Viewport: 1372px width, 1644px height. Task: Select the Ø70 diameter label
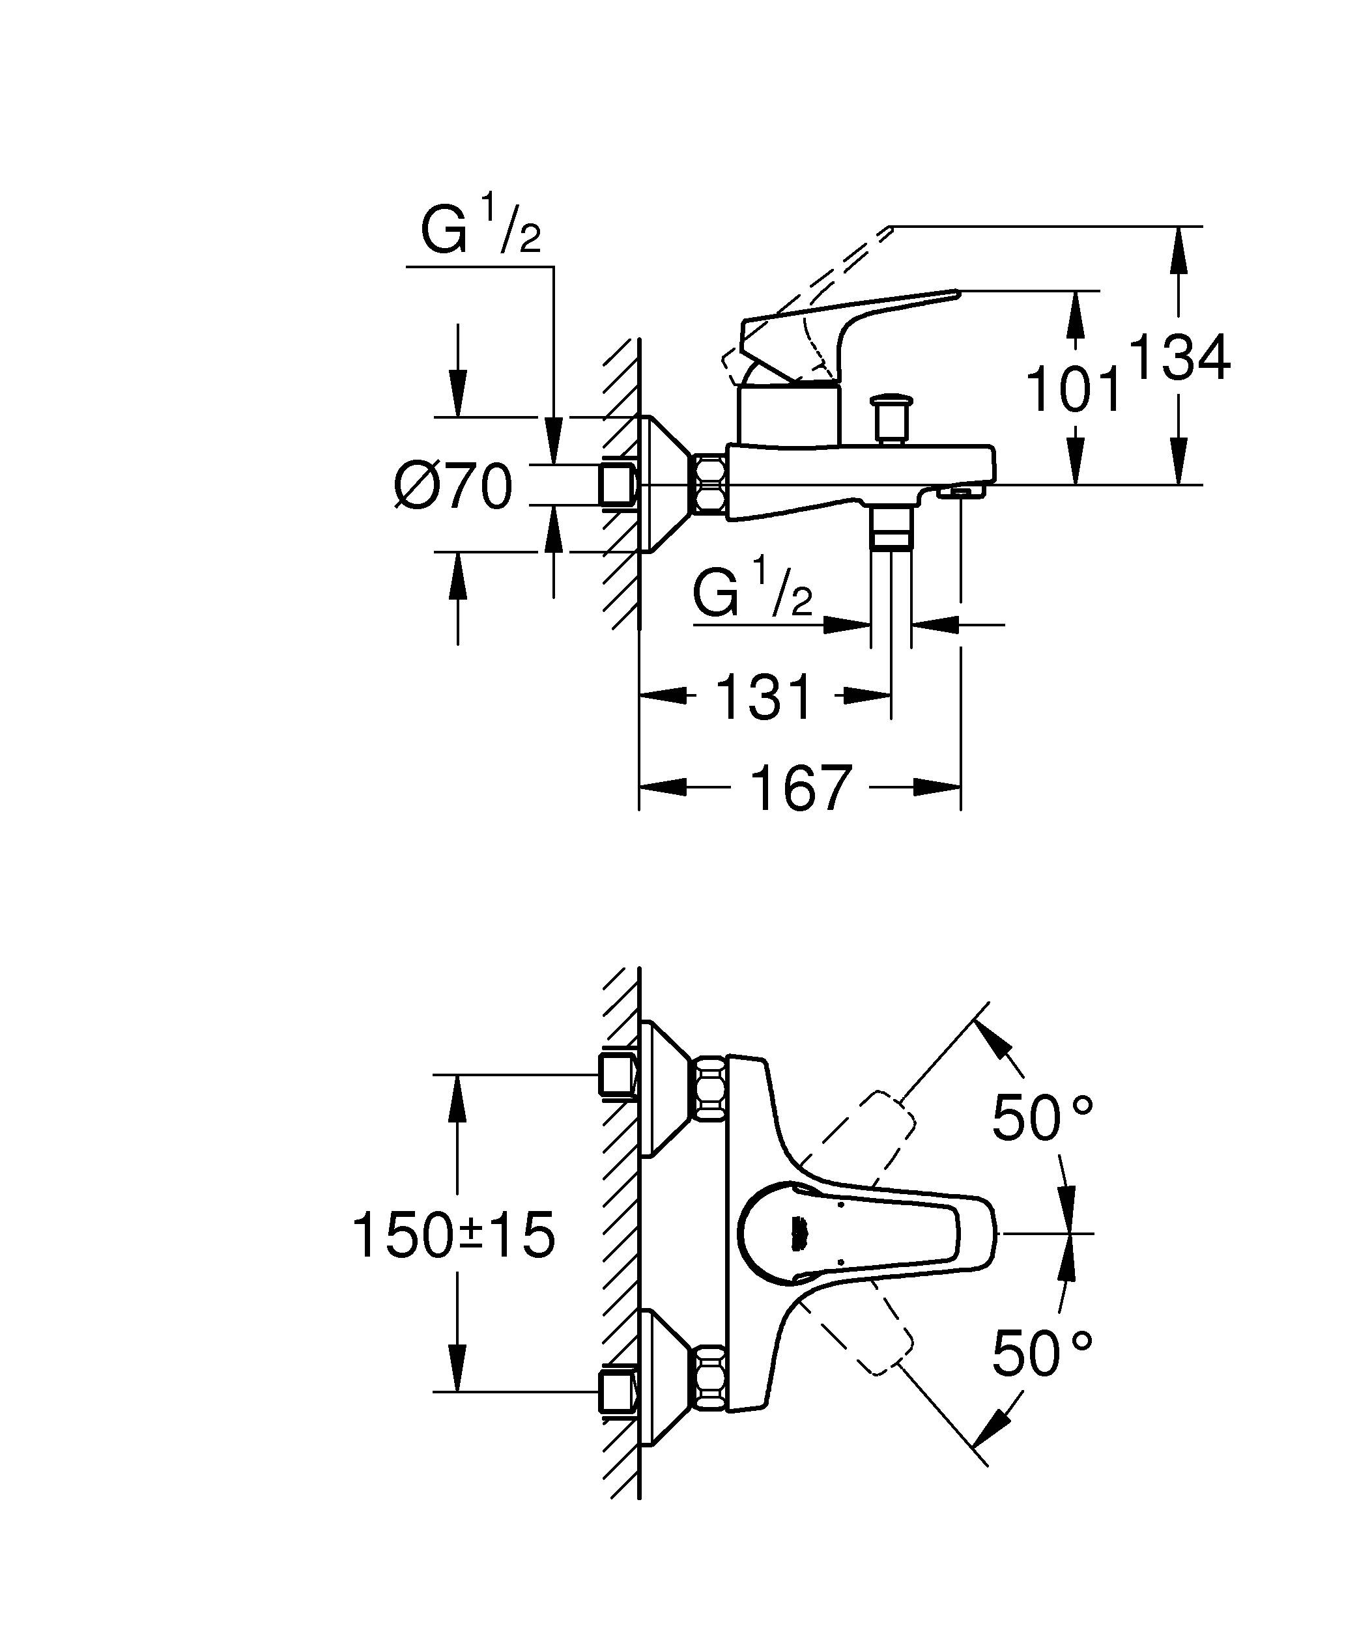pyautogui.click(x=453, y=486)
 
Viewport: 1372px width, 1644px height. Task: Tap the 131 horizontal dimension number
pyautogui.click(x=765, y=697)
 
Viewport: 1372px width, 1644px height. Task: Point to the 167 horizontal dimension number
pyautogui.click(x=800, y=788)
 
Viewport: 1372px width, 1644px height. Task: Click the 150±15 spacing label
pyautogui.click(x=454, y=1236)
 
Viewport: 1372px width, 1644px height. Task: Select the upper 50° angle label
pyautogui.click(x=1042, y=1119)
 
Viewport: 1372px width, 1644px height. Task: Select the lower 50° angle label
pyautogui.click(x=1042, y=1354)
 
